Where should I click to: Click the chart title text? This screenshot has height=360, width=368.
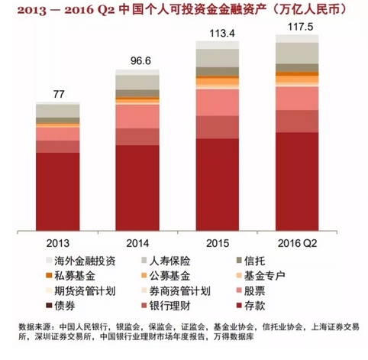pyautogui.click(x=183, y=11)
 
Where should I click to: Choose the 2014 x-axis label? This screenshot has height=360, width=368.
pyautogui.click(x=137, y=242)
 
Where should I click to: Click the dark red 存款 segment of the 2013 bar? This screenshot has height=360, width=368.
pyautogui.click(x=57, y=191)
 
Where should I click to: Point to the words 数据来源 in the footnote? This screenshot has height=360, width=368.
pyautogui.click(x=34, y=322)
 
